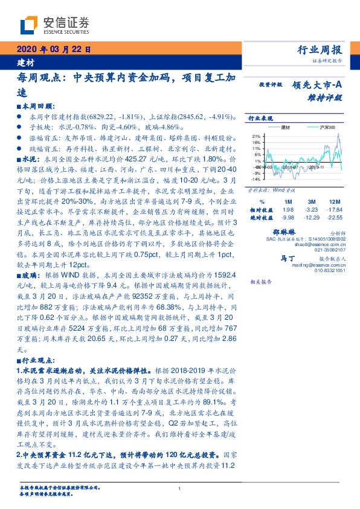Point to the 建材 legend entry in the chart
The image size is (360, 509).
click(286, 128)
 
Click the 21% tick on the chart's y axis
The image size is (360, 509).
click(256, 136)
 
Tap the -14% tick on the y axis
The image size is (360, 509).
click(256, 179)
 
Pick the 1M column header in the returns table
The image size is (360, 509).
click(288, 201)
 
